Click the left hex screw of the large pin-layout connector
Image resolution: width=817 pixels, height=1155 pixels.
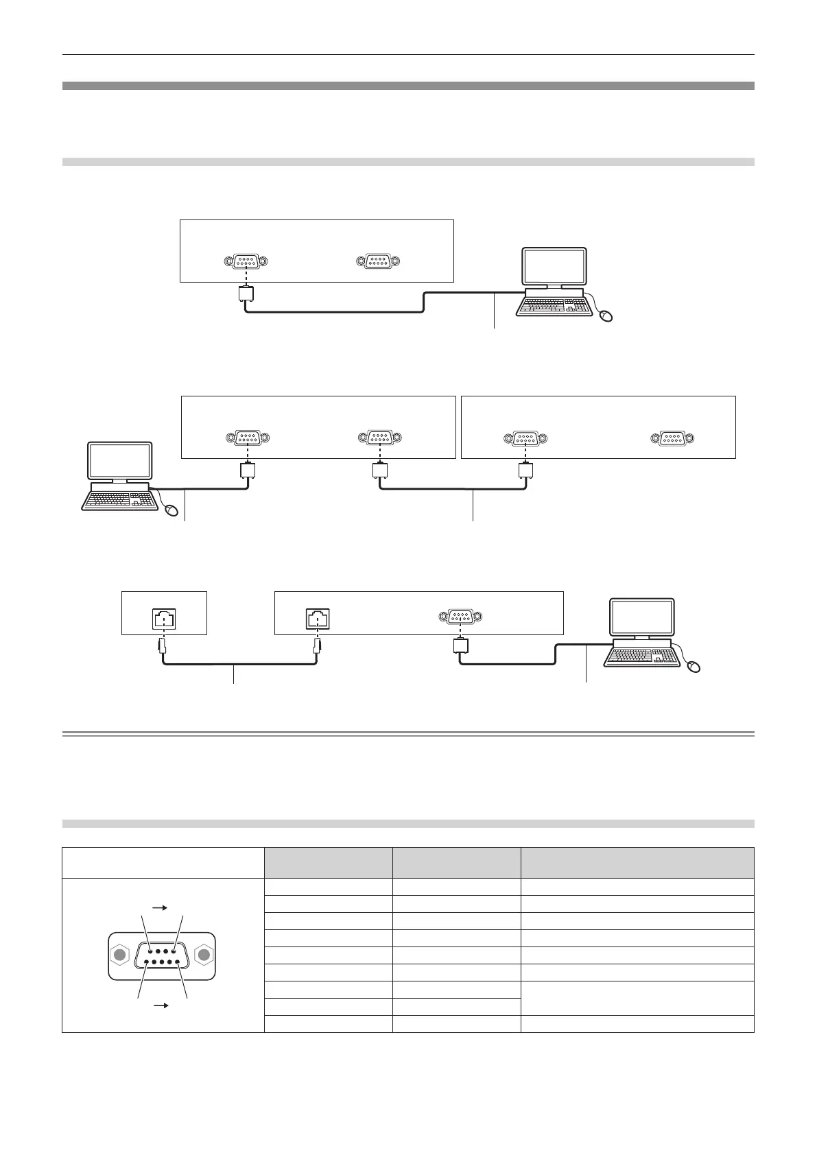click(120, 955)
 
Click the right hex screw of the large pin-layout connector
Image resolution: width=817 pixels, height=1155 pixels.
click(204, 955)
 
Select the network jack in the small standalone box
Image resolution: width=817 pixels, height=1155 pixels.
click(163, 619)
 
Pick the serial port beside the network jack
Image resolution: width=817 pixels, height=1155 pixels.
click(460, 617)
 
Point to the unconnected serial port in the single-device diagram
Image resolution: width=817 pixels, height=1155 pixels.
click(377, 261)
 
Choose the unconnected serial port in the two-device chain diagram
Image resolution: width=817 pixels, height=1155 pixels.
click(672, 438)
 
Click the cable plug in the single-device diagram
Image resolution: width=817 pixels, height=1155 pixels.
click(245, 294)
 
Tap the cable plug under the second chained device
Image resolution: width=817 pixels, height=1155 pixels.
click(525, 471)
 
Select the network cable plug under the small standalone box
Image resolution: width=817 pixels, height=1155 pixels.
click(163, 645)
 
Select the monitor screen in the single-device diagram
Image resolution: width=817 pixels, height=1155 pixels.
click(554, 267)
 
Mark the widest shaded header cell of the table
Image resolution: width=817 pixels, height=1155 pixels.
click(637, 862)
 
